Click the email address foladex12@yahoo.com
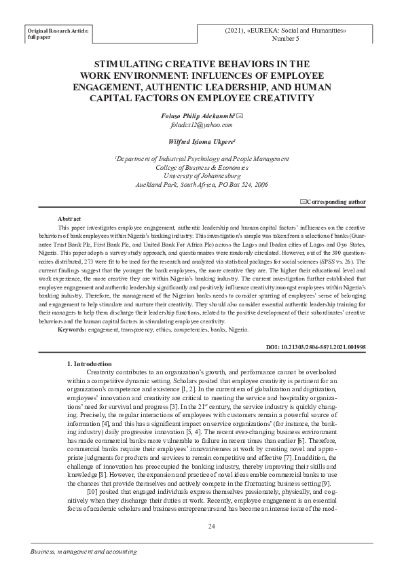coord(202,126)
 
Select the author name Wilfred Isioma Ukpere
coord(200,142)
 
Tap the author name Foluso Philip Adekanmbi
coord(199,117)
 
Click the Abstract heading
coord(70,218)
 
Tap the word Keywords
coord(71,329)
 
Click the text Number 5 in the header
coord(285,40)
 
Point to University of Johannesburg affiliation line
coord(202,175)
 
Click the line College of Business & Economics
coord(202,166)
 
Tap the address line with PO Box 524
coord(202,183)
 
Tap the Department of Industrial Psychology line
coord(202,158)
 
